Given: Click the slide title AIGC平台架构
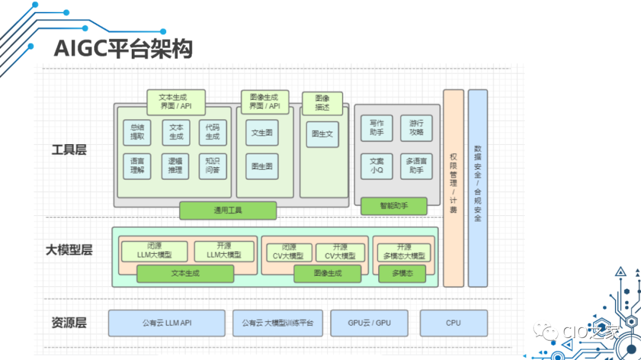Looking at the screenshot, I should pyautogui.click(x=123, y=49).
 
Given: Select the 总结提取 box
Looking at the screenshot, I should pyautogui.click(x=137, y=132).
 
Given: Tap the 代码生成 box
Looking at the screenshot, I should pyautogui.click(x=212, y=132).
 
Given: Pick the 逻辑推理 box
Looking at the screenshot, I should pyautogui.click(x=175, y=165).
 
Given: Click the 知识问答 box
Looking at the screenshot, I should pyautogui.click(x=212, y=165).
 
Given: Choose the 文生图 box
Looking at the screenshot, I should pyautogui.click(x=262, y=133).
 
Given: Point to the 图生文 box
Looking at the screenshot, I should pyautogui.click(x=322, y=134).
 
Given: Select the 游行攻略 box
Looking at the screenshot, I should pyautogui.click(x=416, y=128).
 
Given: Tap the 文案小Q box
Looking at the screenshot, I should pyautogui.click(x=377, y=165).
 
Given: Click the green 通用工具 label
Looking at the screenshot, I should pyautogui.click(x=228, y=210).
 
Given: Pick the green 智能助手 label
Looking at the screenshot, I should pyautogui.click(x=394, y=206).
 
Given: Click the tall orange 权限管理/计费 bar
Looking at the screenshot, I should pyautogui.click(x=453, y=188).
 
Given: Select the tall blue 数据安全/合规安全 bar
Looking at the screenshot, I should pyautogui.click(x=478, y=188).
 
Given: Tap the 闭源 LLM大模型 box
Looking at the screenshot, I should pyautogui.click(x=154, y=251).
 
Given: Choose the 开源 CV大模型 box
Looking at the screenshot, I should pyautogui.click(x=340, y=252).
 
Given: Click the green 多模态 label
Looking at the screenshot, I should pyautogui.click(x=402, y=273).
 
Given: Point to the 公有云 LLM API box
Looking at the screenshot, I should pyautogui.click(x=167, y=323).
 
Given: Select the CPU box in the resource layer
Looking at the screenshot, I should pyautogui.click(x=453, y=323).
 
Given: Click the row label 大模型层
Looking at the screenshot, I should pyautogui.click(x=69, y=250).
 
